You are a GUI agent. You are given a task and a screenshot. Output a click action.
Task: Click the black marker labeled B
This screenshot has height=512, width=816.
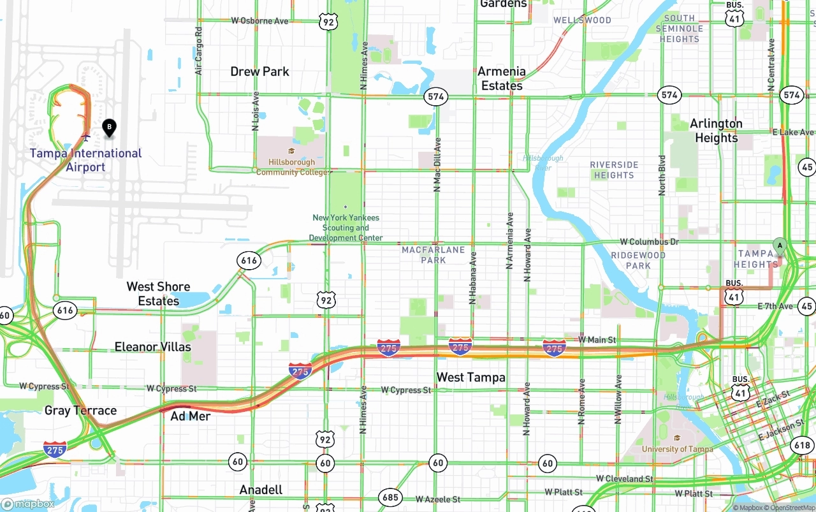[x=109, y=128]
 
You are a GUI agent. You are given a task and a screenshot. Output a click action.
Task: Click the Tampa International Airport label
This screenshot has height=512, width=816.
[x=85, y=160]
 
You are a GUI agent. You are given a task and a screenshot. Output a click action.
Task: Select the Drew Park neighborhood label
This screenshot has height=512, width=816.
[x=259, y=71]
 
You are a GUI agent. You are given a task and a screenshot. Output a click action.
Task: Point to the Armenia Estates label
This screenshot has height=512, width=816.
[x=502, y=78]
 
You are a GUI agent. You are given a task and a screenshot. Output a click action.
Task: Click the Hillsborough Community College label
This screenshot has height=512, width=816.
[x=292, y=167]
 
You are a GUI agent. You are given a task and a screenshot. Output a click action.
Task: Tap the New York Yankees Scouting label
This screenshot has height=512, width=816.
[x=346, y=228]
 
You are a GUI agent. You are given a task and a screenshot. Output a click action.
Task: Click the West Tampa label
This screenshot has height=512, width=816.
[x=470, y=377]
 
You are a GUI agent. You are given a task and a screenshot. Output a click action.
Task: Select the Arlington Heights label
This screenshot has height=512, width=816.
[x=716, y=130]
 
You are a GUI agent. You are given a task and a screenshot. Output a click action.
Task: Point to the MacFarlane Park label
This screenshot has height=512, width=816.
[x=433, y=255]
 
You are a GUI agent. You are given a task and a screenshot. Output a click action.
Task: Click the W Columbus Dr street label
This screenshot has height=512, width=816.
[x=649, y=242]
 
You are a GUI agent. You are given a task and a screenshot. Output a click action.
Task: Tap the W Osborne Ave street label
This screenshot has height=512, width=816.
[x=259, y=20]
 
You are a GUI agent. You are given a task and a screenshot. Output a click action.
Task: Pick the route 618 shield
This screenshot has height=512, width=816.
[x=801, y=445]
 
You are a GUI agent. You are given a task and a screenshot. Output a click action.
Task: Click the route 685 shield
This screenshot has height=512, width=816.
[x=390, y=497]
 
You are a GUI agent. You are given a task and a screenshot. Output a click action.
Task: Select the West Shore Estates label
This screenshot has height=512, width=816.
[x=158, y=293]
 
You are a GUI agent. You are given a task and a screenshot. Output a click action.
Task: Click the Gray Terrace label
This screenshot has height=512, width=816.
[x=80, y=410]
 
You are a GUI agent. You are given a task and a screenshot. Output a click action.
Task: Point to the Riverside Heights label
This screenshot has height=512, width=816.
[x=614, y=170]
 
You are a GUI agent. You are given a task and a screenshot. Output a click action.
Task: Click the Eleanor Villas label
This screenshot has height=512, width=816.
[x=152, y=347]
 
